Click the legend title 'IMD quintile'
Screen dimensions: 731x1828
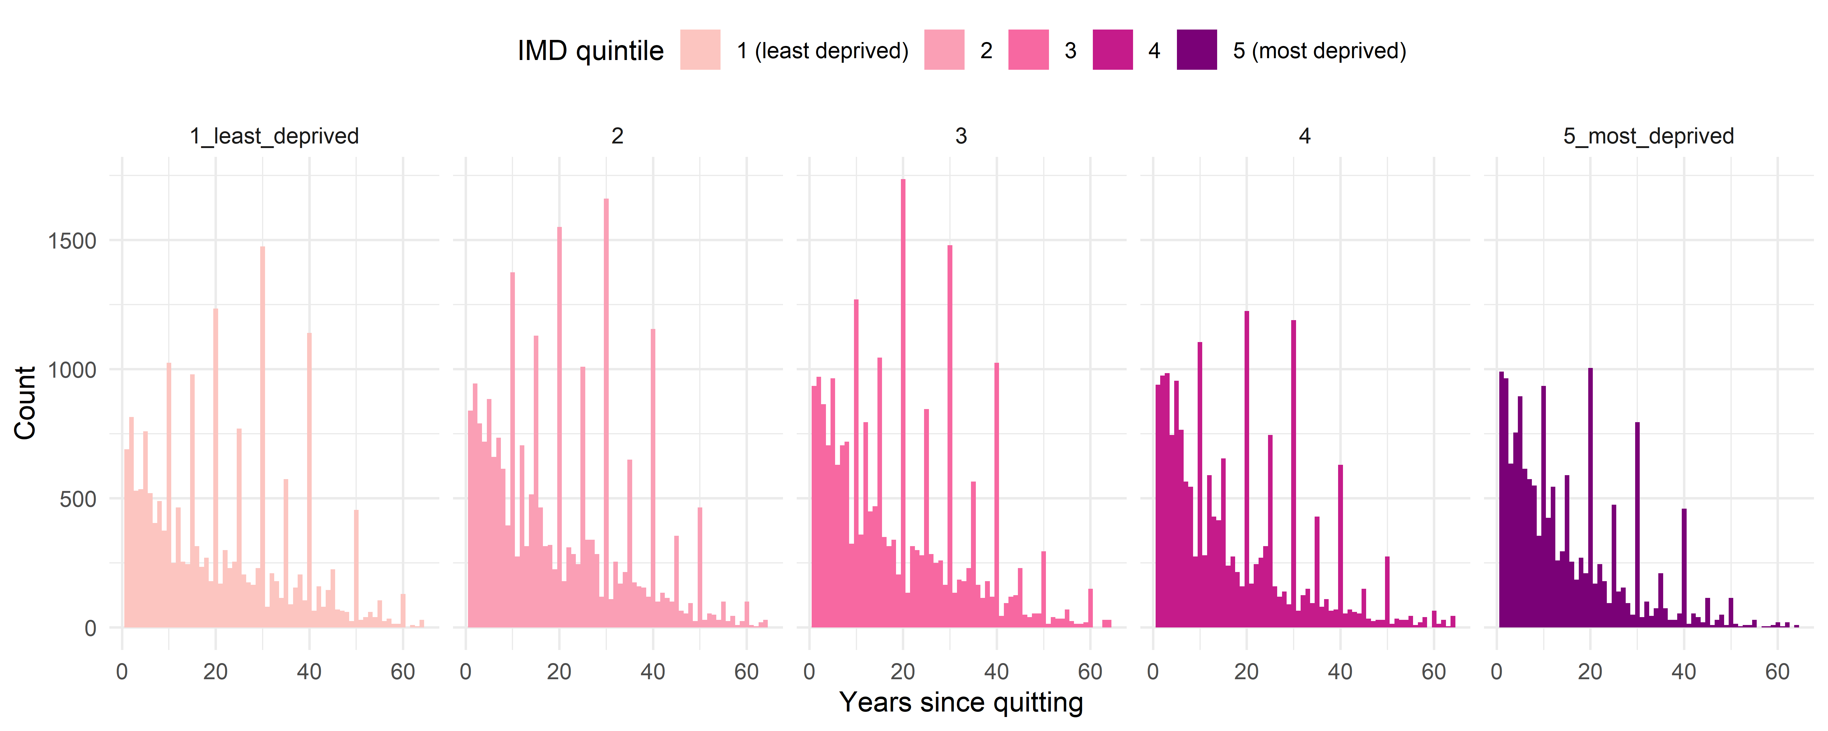[590, 50]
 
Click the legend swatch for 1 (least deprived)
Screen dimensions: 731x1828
[700, 50]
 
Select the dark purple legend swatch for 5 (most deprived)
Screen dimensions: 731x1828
[1196, 50]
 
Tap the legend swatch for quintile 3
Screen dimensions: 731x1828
[1028, 50]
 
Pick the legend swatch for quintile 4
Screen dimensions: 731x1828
[1112, 50]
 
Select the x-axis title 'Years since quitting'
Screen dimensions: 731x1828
[961, 703]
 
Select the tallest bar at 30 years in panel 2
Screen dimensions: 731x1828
[606, 411]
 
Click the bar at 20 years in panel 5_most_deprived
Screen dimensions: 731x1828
[1590, 497]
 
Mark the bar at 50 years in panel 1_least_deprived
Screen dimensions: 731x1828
[356, 568]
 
